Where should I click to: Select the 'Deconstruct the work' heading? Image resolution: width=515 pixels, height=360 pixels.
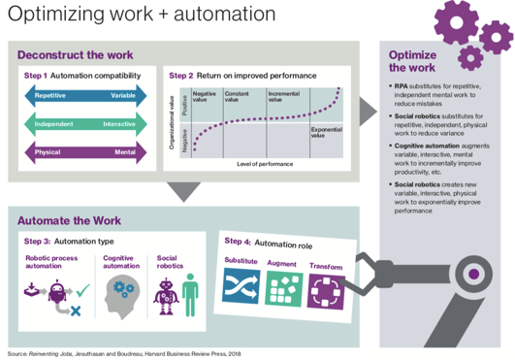point(75,55)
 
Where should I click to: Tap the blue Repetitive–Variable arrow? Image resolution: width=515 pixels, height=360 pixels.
point(84,96)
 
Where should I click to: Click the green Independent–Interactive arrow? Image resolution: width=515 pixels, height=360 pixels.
point(84,124)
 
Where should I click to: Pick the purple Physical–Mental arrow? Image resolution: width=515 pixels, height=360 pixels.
point(84,152)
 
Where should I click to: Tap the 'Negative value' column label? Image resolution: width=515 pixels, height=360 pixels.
point(205,97)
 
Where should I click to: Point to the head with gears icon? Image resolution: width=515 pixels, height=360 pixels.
point(117,292)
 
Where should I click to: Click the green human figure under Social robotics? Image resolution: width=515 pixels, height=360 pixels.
point(189,292)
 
